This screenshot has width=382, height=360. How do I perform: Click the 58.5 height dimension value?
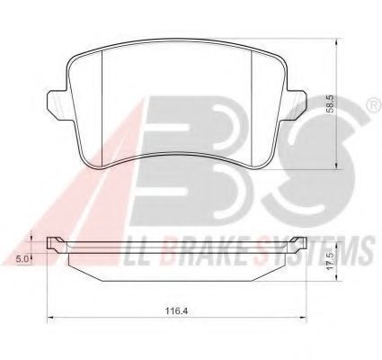[330, 104]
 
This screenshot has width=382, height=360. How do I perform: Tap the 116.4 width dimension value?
[176, 311]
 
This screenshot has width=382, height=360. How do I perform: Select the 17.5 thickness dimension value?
[330, 262]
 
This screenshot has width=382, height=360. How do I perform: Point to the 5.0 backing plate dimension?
[22, 258]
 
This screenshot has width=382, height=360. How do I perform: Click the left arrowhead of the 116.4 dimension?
[50, 317]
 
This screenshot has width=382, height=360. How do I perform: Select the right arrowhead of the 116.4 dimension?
[303, 317]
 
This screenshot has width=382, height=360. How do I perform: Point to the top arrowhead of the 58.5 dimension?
[337, 41]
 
